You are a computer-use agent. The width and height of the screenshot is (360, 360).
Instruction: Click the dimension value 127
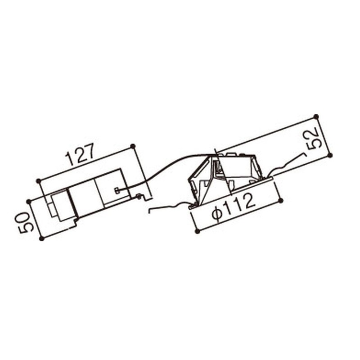(x=80, y=154)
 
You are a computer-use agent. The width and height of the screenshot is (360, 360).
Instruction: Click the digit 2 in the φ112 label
(x=248, y=202)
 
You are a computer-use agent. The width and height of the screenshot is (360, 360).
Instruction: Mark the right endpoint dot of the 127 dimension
(x=133, y=146)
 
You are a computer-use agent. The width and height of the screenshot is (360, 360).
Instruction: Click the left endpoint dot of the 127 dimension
(x=39, y=181)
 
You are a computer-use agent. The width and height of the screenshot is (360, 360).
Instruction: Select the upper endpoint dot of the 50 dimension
(x=28, y=202)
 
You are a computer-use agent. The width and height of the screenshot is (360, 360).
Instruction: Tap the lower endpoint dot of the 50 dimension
(x=41, y=239)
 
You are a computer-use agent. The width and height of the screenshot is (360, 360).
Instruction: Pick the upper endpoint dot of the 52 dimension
(x=316, y=117)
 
